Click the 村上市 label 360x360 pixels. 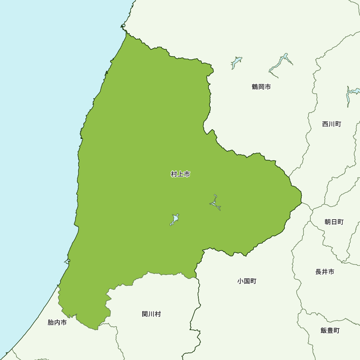click(180, 175)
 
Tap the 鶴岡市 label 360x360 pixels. click(261, 87)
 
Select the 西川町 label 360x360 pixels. click(332, 124)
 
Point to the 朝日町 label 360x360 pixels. click(334, 222)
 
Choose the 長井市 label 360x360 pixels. click(325, 272)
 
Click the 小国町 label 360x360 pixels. click(247, 281)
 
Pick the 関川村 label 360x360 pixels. click(152, 314)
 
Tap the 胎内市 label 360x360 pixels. click(57, 323)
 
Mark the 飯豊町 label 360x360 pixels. click(330, 330)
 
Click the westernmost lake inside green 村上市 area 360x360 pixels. click(175, 219)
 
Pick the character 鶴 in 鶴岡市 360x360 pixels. click(255, 87)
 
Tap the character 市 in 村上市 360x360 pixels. click(187, 175)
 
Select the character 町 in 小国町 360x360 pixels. click(253, 281)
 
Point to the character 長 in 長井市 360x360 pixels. click(319, 272)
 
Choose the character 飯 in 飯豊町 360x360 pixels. click(324, 330)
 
